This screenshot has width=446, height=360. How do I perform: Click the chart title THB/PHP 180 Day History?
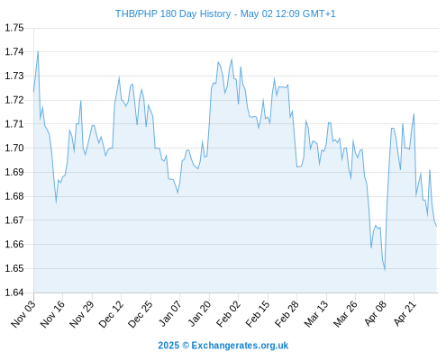click(173, 13)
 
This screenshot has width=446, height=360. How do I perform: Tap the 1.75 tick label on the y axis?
click(14, 28)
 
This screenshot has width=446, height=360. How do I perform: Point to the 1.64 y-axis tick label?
click(14, 292)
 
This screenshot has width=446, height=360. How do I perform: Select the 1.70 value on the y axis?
click(14, 148)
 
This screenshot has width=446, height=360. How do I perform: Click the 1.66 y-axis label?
click(14, 244)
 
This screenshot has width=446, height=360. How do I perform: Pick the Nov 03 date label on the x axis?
click(23, 314)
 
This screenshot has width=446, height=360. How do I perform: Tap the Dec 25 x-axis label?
click(141, 314)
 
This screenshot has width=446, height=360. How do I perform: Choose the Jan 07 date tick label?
click(169, 314)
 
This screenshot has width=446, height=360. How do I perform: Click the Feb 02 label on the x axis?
click(228, 314)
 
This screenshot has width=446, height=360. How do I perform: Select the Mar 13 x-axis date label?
click(316, 314)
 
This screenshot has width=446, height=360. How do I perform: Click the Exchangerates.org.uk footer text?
click(240, 346)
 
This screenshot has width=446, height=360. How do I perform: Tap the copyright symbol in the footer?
click(186, 346)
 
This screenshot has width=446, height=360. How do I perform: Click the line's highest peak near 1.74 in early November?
click(38, 51)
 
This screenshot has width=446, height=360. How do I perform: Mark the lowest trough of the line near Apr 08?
click(385, 270)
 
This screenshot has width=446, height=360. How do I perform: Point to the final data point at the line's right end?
click(436, 226)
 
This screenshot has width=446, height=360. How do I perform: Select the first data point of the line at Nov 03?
click(33, 91)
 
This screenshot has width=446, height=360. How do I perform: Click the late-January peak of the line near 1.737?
click(232, 59)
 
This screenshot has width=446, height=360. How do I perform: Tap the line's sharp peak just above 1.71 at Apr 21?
click(414, 114)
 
